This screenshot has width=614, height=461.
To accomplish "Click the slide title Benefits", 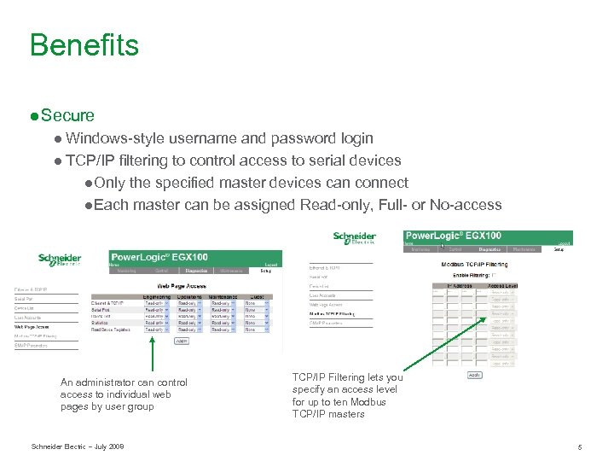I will (x=84, y=44).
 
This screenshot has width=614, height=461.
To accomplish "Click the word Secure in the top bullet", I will (x=67, y=115).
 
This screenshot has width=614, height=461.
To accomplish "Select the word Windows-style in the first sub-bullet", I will (x=114, y=138).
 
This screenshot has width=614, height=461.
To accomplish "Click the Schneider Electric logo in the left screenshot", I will (x=60, y=260).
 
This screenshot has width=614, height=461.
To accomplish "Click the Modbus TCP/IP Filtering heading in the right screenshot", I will (x=474, y=265).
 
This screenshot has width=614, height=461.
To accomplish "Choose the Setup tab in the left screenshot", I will (x=265, y=271).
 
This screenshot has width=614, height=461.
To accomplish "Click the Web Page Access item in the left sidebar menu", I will (x=32, y=326).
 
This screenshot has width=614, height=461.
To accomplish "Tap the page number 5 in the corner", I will (x=579, y=446).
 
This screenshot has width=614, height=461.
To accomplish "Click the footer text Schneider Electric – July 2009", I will (x=78, y=446).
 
